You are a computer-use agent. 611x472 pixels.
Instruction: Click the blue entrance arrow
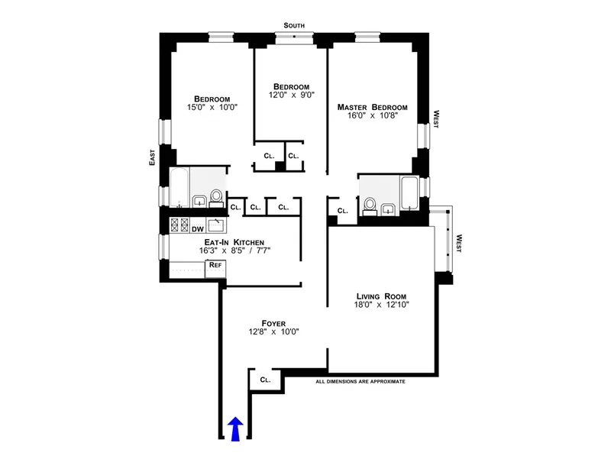[x=236, y=429]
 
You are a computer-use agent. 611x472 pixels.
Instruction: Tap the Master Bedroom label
[x=372, y=108]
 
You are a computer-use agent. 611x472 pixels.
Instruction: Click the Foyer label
[x=273, y=323]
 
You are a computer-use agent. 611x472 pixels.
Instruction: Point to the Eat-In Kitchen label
[x=213, y=241]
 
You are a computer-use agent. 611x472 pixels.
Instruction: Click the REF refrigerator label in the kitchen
[x=216, y=264]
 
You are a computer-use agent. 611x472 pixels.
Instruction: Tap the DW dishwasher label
[x=197, y=227]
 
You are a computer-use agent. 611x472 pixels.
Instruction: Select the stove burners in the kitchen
[x=179, y=225]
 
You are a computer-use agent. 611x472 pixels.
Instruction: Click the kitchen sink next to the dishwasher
[x=216, y=225]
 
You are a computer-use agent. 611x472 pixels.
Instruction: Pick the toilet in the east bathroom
[x=215, y=198]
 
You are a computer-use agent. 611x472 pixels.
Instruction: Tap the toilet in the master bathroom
[x=370, y=205]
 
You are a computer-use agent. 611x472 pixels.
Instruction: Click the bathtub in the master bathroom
[x=409, y=194]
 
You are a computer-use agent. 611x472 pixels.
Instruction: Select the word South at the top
[x=294, y=25]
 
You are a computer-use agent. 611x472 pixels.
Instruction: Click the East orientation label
[x=153, y=157]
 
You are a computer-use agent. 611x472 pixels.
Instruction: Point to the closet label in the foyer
[x=265, y=379]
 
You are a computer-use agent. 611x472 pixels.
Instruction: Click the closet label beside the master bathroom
[x=342, y=211]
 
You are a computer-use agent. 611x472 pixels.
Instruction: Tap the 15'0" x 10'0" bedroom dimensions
[x=212, y=108]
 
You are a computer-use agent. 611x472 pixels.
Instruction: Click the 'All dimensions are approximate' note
[x=360, y=381]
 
